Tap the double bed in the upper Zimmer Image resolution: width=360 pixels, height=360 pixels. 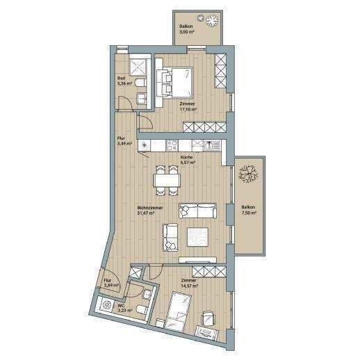[177, 81]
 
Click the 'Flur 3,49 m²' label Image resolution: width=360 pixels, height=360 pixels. [124, 142]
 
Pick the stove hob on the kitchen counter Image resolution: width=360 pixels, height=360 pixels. [172, 145]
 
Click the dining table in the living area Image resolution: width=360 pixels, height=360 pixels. [167, 179]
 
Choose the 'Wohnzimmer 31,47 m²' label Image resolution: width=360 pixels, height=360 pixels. [150, 211]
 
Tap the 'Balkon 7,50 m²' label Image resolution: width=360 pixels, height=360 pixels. [248, 211]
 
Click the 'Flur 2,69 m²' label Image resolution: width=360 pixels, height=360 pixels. [111, 283]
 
